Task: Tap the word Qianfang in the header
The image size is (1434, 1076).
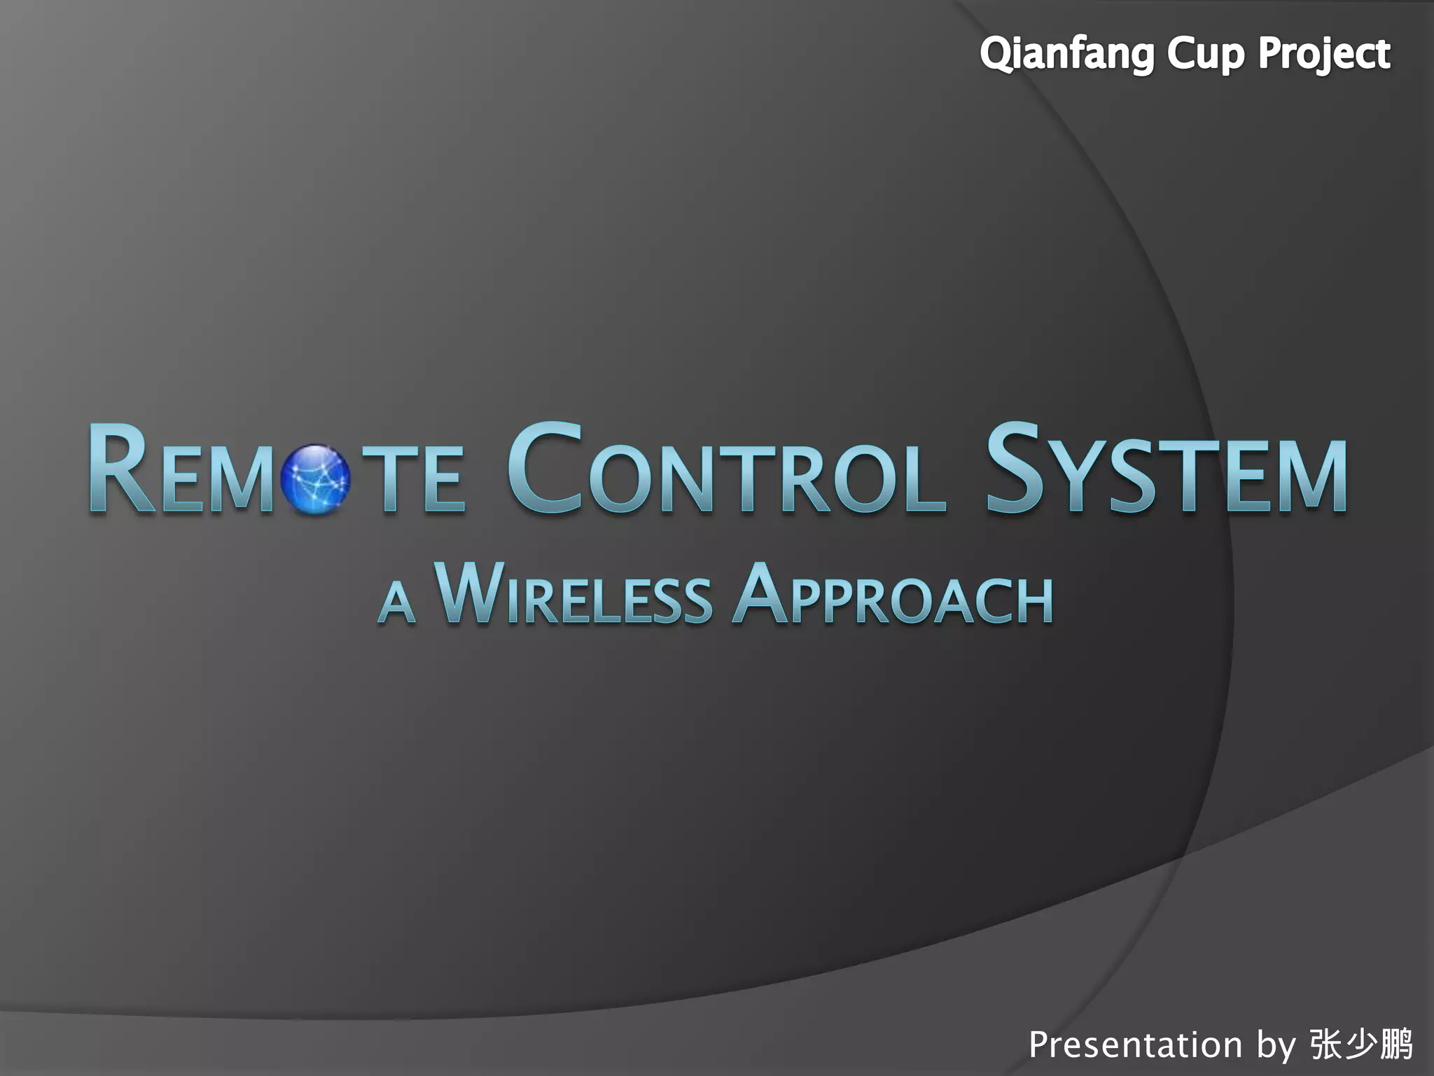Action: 1066,55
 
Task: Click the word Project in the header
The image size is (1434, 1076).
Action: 1323,55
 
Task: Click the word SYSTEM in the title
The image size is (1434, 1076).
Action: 1166,469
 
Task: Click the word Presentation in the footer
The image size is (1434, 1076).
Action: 1135,1045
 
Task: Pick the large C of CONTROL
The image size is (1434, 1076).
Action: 545,468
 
